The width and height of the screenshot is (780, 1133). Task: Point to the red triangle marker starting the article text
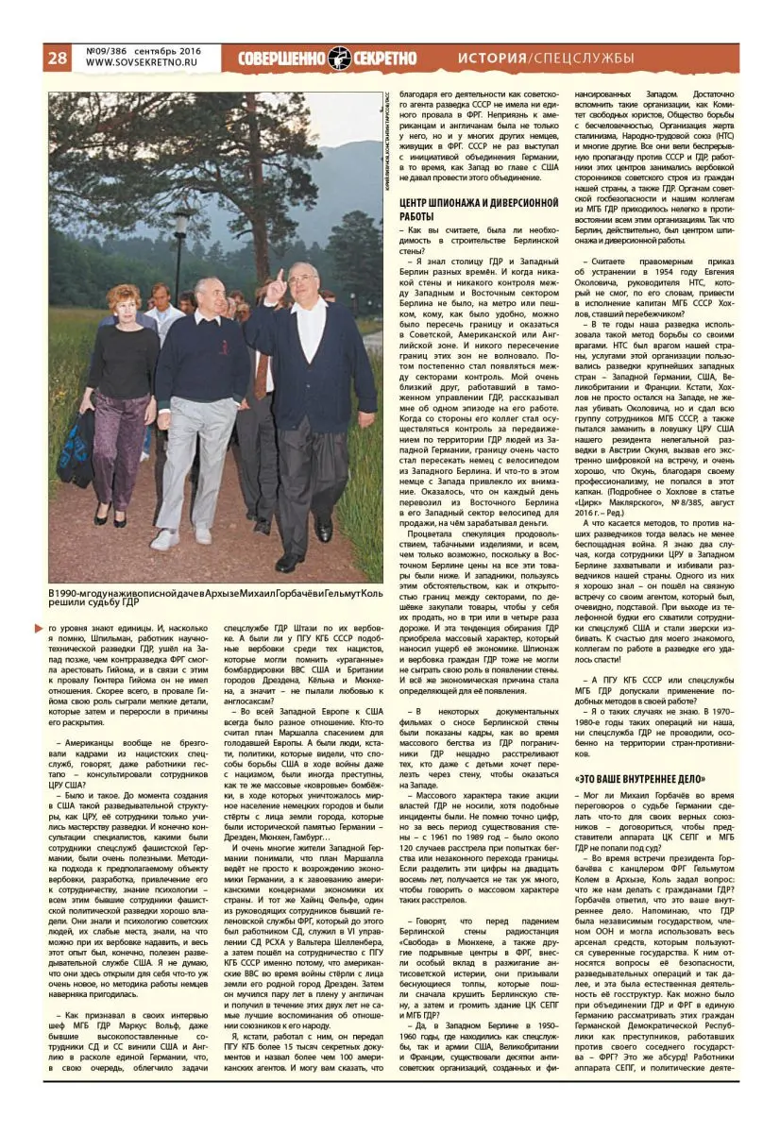[x=54, y=627]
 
